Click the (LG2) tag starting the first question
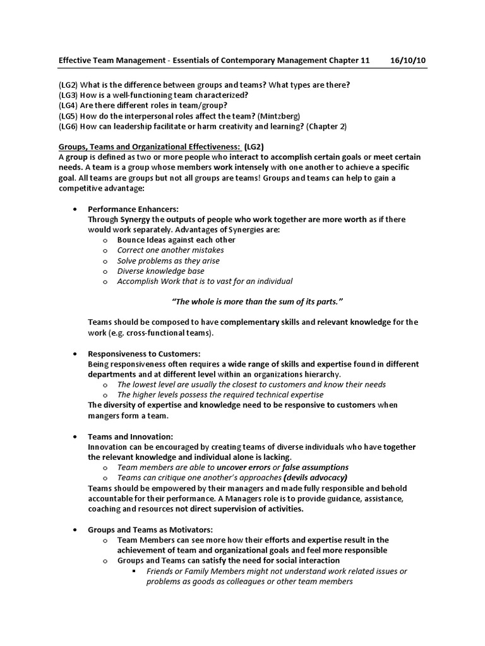[69, 85]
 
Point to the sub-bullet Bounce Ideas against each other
[176, 240]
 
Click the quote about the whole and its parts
[257, 302]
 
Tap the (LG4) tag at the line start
[69, 106]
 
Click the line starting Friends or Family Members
[276, 571]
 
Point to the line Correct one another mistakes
[171, 250]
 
